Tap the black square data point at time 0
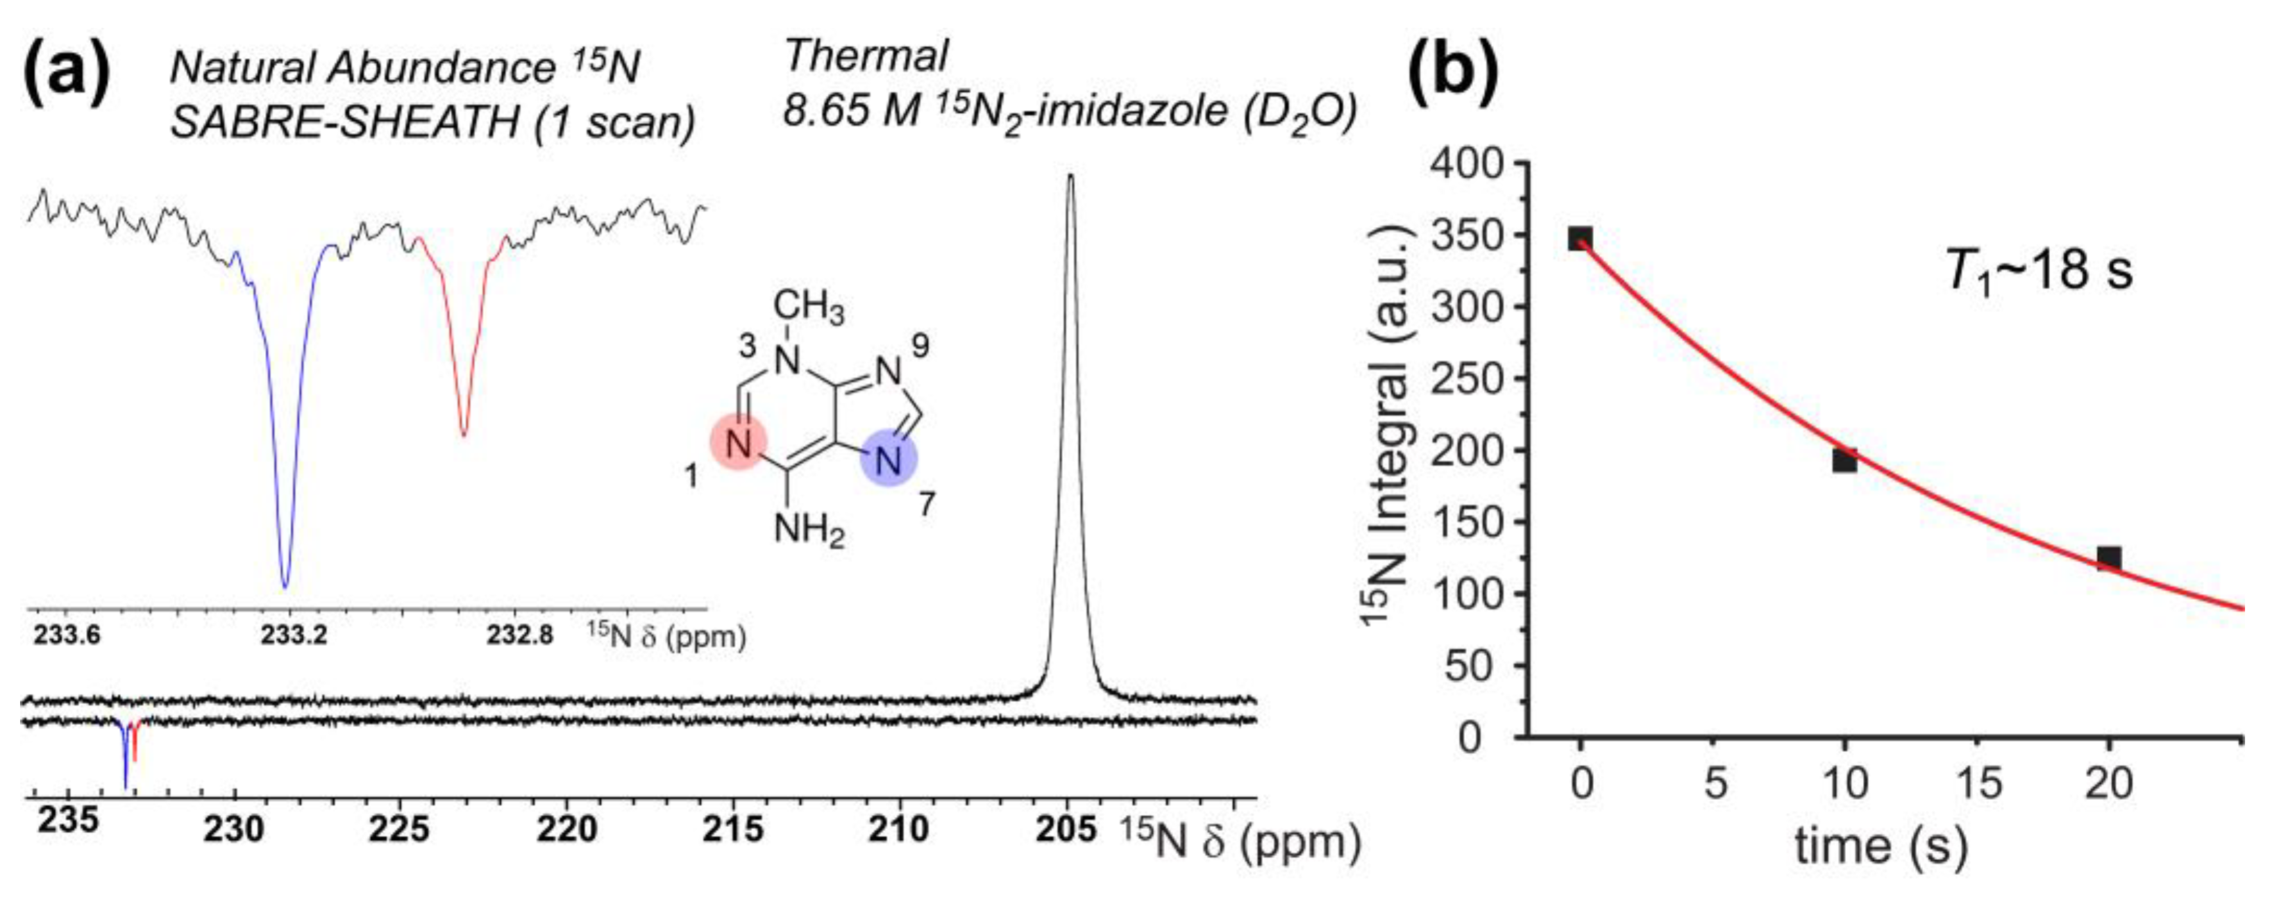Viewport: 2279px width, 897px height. (x=1580, y=239)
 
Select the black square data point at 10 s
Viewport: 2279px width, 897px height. (x=1844, y=460)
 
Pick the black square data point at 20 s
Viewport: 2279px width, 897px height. (x=2109, y=558)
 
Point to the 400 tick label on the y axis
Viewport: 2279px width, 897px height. (x=1469, y=165)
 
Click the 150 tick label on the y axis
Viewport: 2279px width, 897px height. (x=1469, y=523)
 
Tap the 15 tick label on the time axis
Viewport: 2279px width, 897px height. (x=1978, y=784)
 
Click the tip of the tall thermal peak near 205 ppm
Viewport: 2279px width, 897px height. (x=1070, y=175)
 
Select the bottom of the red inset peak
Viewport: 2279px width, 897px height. (x=464, y=435)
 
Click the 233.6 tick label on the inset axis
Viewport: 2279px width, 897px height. (x=67, y=636)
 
